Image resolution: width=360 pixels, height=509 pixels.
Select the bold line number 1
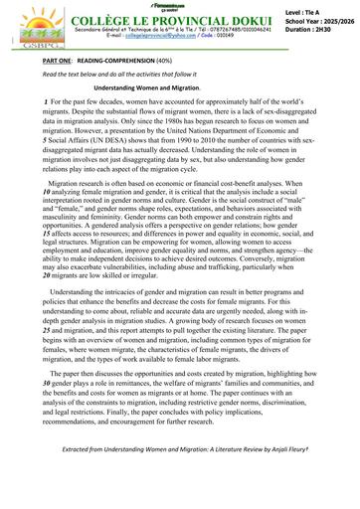point(46,104)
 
